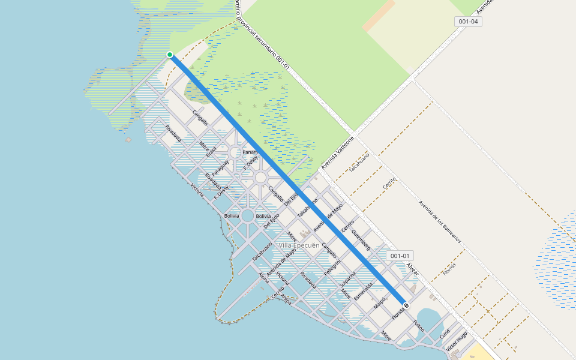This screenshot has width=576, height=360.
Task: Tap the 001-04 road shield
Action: (468, 22)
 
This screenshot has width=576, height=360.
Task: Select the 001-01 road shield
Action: (400, 256)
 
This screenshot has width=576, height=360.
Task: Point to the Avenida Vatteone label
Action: (338, 153)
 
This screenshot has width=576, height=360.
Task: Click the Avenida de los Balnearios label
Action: (440, 221)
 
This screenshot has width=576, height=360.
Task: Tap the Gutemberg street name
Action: (361, 240)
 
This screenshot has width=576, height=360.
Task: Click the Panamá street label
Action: (249, 152)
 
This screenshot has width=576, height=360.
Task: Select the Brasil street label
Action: (211, 151)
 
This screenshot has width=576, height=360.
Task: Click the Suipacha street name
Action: (348, 279)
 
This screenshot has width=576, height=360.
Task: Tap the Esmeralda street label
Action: (364, 291)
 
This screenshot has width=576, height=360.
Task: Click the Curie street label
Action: (445, 334)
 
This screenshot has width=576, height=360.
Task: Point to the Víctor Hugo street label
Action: (457, 343)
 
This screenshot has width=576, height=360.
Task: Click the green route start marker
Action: (170, 55)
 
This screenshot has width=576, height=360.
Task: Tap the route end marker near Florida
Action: (406, 305)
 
